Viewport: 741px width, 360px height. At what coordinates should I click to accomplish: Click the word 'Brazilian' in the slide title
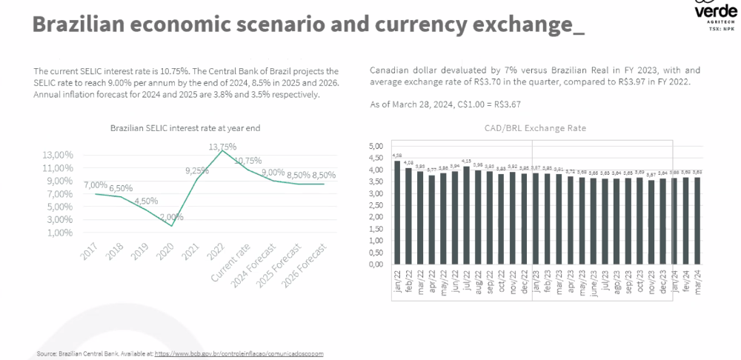pyautogui.click(x=79, y=24)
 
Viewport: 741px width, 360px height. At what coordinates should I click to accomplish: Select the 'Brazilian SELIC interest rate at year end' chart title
pyautogui.click(x=185, y=128)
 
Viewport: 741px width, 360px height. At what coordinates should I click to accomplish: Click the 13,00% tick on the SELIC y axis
pyautogui.click(x=58, y=155)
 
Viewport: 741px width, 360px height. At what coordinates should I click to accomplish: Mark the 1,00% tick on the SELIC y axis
pyautogui.click(x=59, y=233)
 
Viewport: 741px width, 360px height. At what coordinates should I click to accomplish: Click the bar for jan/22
pyautogui.click(x=397, y=212)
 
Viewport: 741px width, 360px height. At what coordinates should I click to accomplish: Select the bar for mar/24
pyautogui.click(x=697, y=220)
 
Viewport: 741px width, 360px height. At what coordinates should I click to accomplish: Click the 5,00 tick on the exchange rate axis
pyautogui.click(x=376, y=145)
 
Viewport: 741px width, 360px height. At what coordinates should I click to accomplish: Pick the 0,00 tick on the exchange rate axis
pyautogui.click(x=376, y=264)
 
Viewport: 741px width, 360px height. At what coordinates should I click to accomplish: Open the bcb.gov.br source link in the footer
pyautogui.click(x=239, y=354)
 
